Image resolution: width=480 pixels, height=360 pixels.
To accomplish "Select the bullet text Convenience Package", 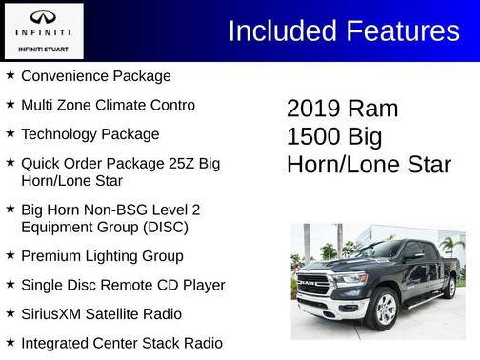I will pyautogui.click(x=95, y=75).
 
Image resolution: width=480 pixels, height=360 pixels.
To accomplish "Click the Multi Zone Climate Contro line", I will pyautogui.click(x=108, y=105).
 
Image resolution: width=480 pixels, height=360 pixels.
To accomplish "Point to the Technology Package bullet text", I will pyautogui.click(x=90, y=134).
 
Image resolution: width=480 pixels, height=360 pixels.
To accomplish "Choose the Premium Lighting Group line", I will pyautogui.click(x=102, y=256).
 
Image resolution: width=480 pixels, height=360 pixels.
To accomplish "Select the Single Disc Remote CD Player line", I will pyautogui.click(x=123, y=285).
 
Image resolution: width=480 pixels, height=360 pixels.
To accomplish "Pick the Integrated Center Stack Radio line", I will pyautogui.click(x=122, y=342).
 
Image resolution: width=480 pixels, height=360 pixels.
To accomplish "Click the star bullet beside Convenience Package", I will pyautogui.click(x=10, y=75).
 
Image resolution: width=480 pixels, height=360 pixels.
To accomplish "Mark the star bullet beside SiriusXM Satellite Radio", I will pyautogui.click(x=10, y=313).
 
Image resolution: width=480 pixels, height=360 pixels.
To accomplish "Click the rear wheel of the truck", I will pyautogui.click(x=449, y=287).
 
